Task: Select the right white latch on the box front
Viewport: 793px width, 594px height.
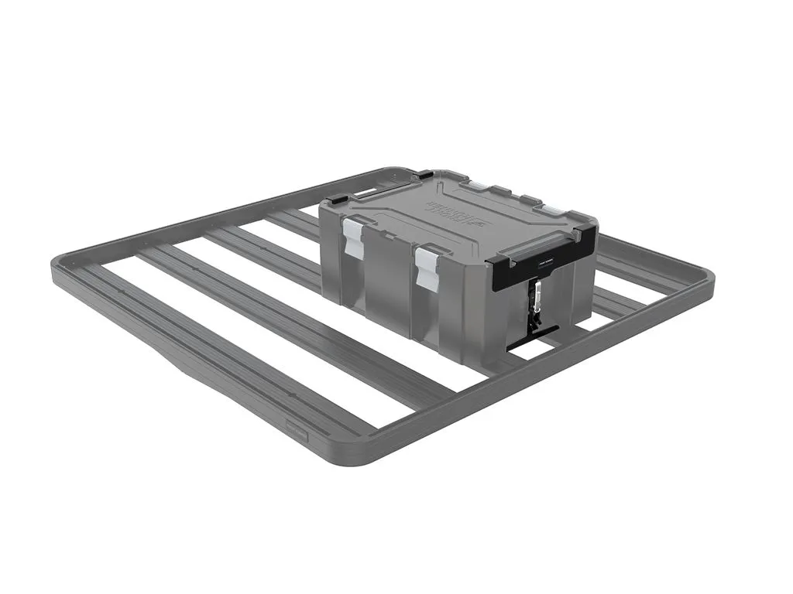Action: [x=427, y=268]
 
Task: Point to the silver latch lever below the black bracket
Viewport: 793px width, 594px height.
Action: [x=534, y=298]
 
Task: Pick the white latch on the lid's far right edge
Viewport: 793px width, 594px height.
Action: [x=554, y=210]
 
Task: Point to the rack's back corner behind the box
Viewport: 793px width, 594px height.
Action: [x=410, y=170]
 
